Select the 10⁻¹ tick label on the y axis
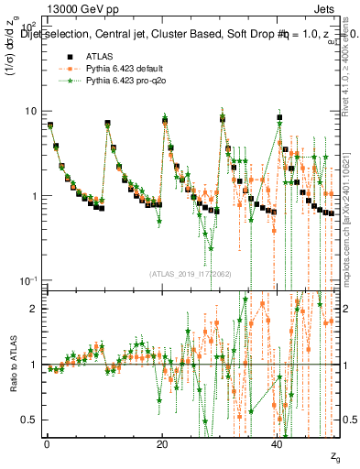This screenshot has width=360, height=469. (27, 280)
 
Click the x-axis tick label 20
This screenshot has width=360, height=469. (162, 444)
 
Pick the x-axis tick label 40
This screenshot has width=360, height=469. (278, 444)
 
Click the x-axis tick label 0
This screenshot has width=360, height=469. (47, 444)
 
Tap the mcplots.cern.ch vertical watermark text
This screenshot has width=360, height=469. (352, 211)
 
